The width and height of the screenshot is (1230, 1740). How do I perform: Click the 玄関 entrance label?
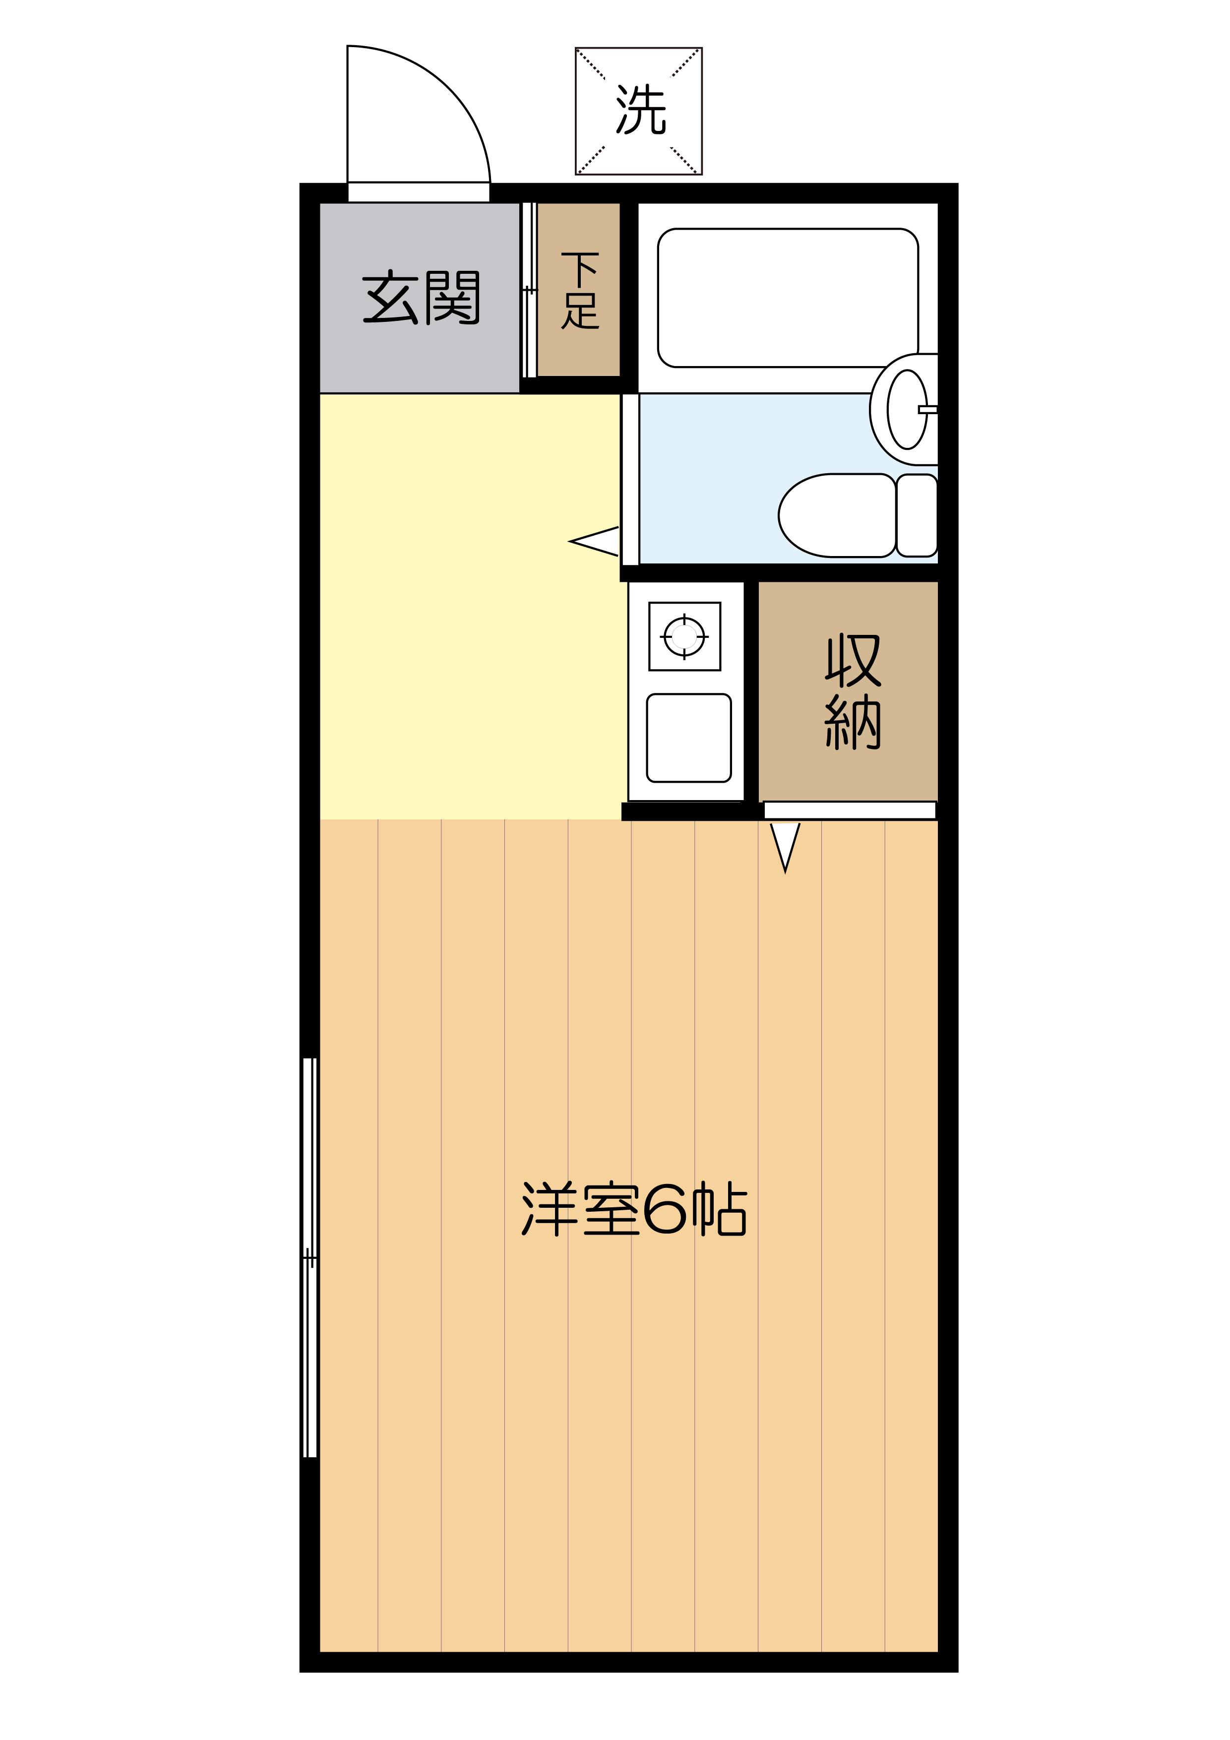(422, 297)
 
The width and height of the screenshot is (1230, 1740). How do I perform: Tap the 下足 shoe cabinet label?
(580, 290)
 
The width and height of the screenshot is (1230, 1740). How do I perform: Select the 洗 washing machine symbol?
(639, 111)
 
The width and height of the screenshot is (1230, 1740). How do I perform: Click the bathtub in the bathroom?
(788, 298)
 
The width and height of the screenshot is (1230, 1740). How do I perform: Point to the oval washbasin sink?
(907, 409)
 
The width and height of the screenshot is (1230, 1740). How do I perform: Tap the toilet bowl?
(837, 515)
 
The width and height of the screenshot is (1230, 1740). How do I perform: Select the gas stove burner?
(684, 636)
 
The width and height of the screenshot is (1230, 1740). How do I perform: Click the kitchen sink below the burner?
(688, 738)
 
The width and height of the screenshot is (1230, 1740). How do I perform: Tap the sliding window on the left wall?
(309, 1257)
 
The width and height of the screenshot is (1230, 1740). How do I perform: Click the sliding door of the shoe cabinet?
(529, 290)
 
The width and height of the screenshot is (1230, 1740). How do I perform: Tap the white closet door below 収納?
(850, 810)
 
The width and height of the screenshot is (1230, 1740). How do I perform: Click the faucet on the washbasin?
(928, 409)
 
